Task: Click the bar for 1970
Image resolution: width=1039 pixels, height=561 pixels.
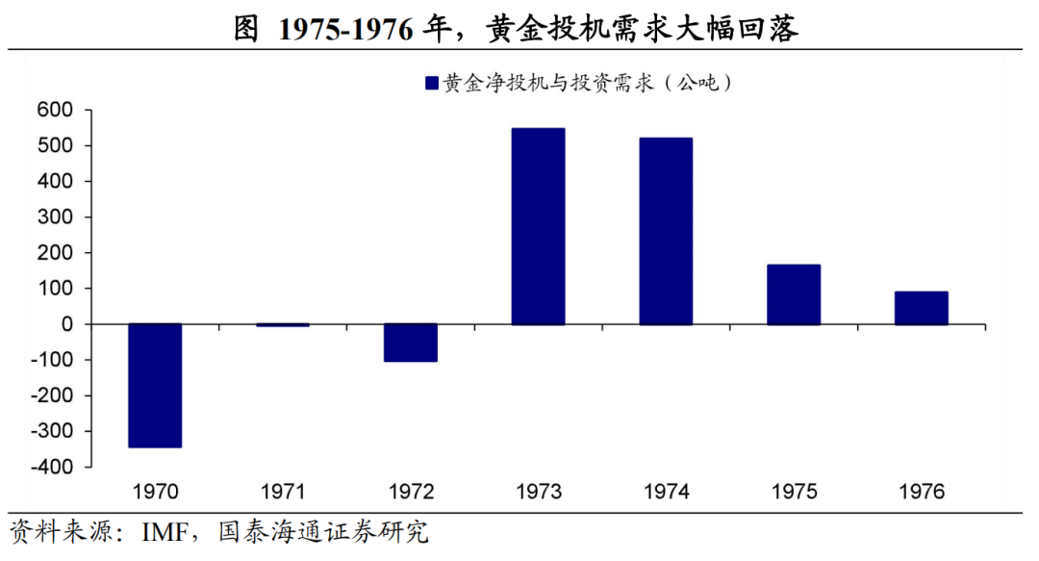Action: click(x=155, y=386)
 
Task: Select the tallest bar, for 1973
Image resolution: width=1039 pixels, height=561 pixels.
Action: click(x=538, y=227)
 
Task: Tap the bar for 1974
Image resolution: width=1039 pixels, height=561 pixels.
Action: click(x=666, y=231)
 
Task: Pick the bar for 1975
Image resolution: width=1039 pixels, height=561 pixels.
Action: click(x=794, y=294)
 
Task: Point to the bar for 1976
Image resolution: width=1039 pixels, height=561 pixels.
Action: click(x=922, y=308)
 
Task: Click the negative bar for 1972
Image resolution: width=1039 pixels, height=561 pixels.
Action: click(x=411, y=343)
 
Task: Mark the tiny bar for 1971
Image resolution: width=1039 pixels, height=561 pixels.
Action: click(x=283, y=325)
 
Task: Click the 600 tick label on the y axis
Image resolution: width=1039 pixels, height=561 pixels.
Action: click(x=56, y=111)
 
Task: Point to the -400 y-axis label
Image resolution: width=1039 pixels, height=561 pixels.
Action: click(x=52, y=467)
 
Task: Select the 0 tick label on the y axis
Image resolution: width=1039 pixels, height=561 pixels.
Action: click(x=67, y=324)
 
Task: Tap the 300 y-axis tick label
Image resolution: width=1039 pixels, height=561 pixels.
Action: click(x=56, y=217)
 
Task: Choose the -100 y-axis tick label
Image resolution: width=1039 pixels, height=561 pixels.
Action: click(x=52, y=360)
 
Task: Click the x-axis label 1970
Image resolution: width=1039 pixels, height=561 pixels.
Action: click(x=156, y=493)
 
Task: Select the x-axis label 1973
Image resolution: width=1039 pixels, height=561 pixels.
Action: click(x=538, y=493)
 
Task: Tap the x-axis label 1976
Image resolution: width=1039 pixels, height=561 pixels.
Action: click(x=922, y=493)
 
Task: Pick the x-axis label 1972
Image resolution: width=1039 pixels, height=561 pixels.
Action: click(x=411, y=493)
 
